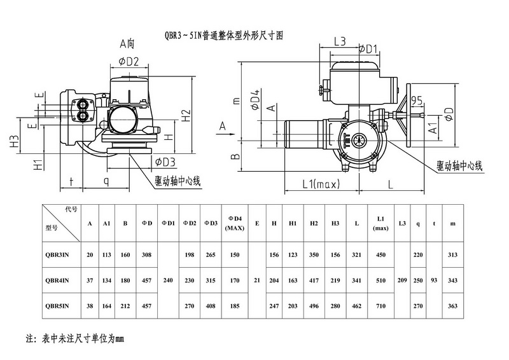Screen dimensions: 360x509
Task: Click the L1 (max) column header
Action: [380, 223]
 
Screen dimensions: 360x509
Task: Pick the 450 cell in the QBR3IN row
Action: [380, 256]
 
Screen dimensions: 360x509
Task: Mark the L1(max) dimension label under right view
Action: [320, 184]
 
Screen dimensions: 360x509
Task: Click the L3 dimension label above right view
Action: [338, 41]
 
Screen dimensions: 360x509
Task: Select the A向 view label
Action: [127, 45]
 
